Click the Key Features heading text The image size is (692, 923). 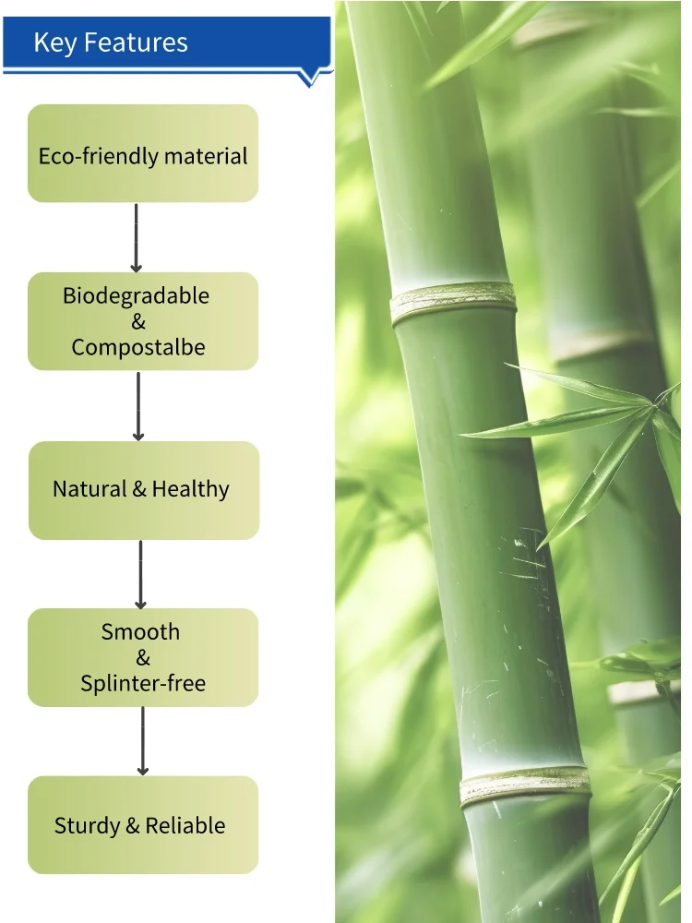click(110, 42)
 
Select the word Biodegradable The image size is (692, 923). click(136, 296)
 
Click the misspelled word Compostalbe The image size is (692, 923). click(138, 348)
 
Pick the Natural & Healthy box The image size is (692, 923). click(143, 490)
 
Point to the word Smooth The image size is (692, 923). click(140, 632)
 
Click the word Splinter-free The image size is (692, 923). click(143, 684)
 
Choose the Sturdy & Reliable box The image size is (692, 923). click(143, 825)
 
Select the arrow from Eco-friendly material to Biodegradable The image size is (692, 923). click(136, 237)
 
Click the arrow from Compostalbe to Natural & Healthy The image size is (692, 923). click(138, 406)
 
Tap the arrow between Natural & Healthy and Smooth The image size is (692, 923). click(140, 574)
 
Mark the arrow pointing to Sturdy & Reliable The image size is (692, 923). click(143, 741)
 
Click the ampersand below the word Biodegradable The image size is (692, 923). click(138, 322)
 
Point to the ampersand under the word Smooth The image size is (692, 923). click(143, 658)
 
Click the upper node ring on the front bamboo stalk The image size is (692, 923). click(453, 303)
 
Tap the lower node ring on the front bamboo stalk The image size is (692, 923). click(525, 785)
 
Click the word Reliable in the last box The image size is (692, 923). click(185, 826)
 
